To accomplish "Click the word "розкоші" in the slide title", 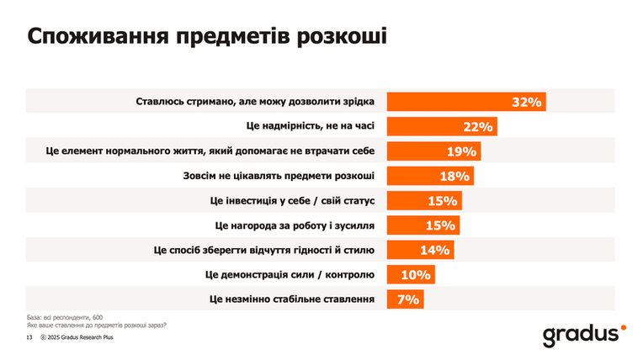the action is click(342, 36).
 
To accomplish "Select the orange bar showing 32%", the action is click(466, 102).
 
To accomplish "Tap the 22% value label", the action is click(478, 127).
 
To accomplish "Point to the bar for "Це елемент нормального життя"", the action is click(434, 151).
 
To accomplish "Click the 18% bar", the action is click(430, 176).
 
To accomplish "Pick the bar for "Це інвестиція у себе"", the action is click(424, 200).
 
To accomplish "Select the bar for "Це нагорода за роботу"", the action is click(423, 225).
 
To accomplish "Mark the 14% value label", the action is click(434, 250).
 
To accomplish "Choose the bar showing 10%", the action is click(411, 274).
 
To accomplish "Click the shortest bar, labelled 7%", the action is click(405, 299).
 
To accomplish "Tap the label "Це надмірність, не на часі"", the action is click(311, 126).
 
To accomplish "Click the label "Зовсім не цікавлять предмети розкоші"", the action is click(279, 176).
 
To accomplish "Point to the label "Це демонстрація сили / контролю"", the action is click(290, 274).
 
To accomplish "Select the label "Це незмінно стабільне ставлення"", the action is click(291, 299).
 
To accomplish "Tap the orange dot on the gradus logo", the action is click(624, 327).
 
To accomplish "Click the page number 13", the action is click(29, 337).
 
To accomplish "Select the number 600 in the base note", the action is click(98, 317).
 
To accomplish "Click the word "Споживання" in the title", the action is click(98, 36).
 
